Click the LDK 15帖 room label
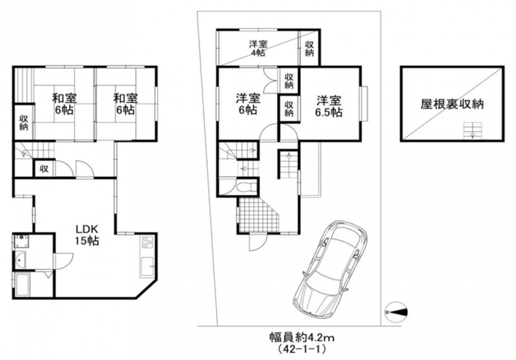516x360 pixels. point(87,235)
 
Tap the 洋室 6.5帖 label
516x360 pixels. point(329,106)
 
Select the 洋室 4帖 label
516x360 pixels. point(257,49)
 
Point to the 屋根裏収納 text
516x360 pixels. point(452,104)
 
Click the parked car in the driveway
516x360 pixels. point(330,268)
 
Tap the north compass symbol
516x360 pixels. point(396,312)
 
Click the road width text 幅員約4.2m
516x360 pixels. point(302,338)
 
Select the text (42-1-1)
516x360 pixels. point(302,349)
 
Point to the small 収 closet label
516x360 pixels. point(44,168)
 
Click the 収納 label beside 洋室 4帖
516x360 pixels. point(309,49)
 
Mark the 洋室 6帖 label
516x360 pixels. point(248,104)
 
